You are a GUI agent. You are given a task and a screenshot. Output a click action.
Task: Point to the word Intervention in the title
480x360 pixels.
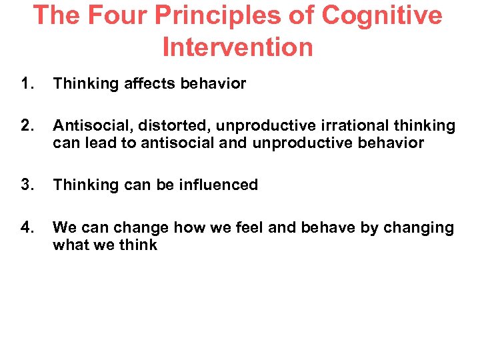[237, 47]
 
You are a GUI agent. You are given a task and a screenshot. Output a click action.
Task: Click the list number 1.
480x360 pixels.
[27, 84]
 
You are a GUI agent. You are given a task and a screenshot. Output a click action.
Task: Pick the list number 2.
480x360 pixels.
[27, 126]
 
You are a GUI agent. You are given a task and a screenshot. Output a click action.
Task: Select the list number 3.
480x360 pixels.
[27, 185]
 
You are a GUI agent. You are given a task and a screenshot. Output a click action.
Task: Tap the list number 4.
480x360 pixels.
[27, 227]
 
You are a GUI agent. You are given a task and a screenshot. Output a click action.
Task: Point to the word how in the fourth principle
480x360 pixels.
[189, 227]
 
